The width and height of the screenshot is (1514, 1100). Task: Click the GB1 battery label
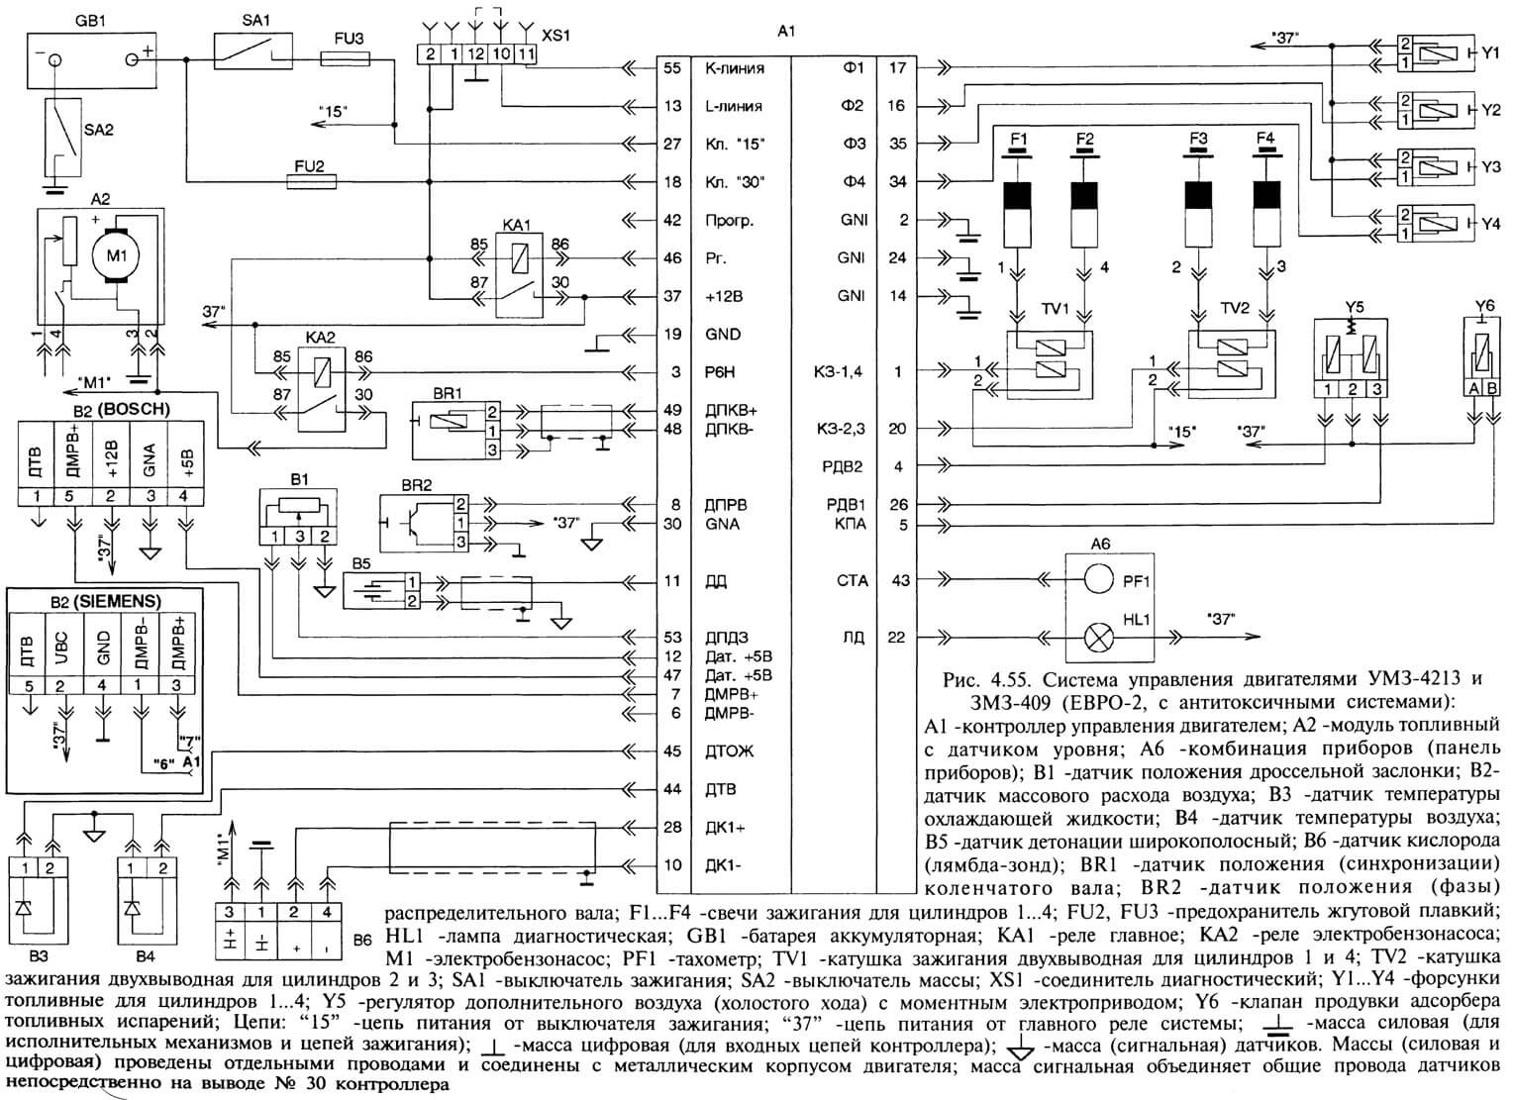(90, 21)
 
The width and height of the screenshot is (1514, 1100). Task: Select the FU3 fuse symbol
(345, 60)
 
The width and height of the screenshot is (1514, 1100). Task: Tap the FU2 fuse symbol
(312, 181)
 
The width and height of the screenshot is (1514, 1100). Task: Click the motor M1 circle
(117, 255)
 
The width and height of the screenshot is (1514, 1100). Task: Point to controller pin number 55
(671, 68)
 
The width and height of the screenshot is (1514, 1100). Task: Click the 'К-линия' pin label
(735, 68)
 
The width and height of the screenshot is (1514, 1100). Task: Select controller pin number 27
(671, 144)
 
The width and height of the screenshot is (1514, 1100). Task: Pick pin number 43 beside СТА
(900, 580)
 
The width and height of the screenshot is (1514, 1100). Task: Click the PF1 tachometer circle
(1098, 579)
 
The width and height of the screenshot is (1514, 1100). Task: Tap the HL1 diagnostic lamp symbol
(1098, 638)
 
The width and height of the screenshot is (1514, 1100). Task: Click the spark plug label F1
(1018, 140)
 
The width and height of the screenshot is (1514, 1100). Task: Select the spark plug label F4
(1264, 139)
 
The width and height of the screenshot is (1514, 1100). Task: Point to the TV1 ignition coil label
(1055, 309)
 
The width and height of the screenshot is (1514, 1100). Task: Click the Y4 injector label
(1490, 223)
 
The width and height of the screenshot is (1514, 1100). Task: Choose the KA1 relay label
(517, 225)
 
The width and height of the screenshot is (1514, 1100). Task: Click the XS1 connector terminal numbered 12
(476, 53)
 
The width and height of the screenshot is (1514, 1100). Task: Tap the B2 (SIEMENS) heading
(105, 601)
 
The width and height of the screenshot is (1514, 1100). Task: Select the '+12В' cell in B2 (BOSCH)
(112, 459)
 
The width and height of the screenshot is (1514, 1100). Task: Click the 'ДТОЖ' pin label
(729, 751)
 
